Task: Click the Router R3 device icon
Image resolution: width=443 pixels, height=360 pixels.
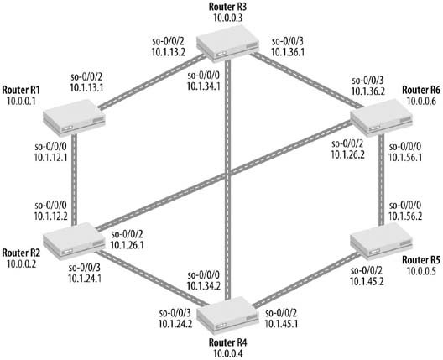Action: [x=227, y=44]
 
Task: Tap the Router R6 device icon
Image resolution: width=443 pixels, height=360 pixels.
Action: [x=381, y=117]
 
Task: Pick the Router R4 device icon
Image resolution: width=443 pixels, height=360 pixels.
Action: [x=227, y=315]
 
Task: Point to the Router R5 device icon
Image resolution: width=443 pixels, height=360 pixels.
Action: [x=381, y=241]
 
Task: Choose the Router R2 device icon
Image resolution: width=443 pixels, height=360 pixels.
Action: [x=75, y=241]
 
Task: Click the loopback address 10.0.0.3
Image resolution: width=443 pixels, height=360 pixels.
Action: [x=227, y=18]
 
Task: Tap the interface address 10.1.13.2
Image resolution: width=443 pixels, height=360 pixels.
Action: [x=169, y=52]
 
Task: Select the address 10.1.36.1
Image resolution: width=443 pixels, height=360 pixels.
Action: [x=288, y=52]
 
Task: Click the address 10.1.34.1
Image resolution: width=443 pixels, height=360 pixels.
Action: [x=204, y=86]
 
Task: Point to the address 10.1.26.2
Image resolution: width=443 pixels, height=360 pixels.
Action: [x=348, y=154]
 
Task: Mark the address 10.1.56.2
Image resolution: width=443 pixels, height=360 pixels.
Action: [x=405, y=217]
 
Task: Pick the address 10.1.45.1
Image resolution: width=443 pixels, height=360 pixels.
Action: [x=281, y=324]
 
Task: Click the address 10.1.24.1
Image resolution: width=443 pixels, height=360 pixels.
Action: [x=85, y=279]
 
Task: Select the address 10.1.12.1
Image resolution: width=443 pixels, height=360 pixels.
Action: [x=51, y=157]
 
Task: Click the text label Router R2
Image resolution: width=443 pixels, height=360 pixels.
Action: [x=21, y=253]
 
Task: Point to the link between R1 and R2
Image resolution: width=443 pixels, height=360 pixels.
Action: [x=75, y=180]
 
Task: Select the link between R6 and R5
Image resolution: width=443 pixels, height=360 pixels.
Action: [x=381, y=180]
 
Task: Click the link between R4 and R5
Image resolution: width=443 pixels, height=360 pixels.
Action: [x=306, y=279]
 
